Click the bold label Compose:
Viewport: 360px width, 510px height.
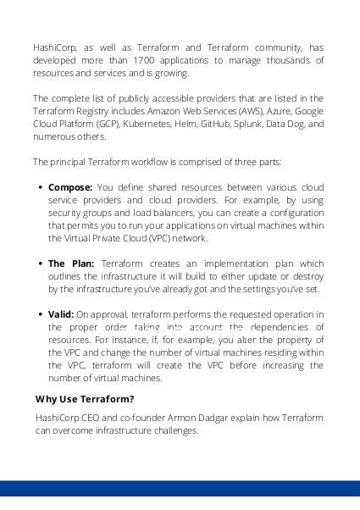tap(71, 186)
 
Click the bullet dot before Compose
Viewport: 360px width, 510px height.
tap(40, 187)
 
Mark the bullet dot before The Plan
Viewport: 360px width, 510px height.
tap(40, 264)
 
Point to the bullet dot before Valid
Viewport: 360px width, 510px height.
tap(40, 314)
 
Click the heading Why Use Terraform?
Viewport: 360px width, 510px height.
tap(86, 400)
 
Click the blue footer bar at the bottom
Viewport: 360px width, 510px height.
tap(180, 489)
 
